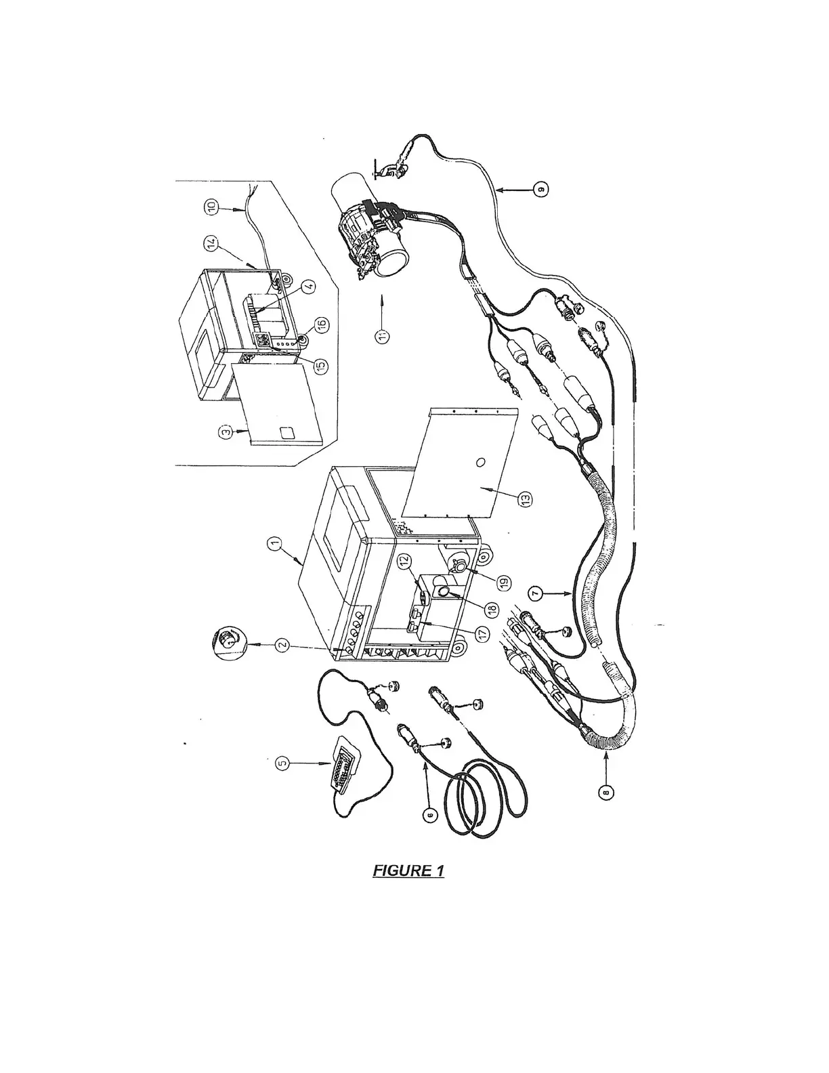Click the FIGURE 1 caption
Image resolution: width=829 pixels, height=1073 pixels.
point(408,870)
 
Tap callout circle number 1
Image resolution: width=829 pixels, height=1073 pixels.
point(274,543)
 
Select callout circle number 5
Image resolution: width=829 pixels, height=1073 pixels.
point(283,763)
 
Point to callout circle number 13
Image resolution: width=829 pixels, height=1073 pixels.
point(526,499)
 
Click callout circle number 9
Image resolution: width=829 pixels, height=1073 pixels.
point(540,190)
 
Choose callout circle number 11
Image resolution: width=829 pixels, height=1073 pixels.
point(384,336)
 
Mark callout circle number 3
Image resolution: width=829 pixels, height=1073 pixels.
point(224,429)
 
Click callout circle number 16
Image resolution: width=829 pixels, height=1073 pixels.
point(321,324)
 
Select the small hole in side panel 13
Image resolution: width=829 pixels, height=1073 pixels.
point(480,463)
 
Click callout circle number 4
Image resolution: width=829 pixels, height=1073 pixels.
point(308,287)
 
